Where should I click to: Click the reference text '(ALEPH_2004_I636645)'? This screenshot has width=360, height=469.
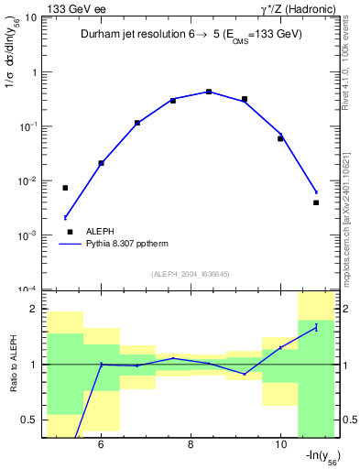coord(191,274)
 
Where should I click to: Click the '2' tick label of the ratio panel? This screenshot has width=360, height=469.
coord(33,310)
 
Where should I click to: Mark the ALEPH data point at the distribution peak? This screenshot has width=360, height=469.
coord(209,92)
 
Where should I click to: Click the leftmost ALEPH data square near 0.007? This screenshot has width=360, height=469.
coord(65,188)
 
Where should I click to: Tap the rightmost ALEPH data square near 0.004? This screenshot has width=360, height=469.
coord(316,202)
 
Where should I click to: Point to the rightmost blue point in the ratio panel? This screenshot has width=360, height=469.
coord(316,327)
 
